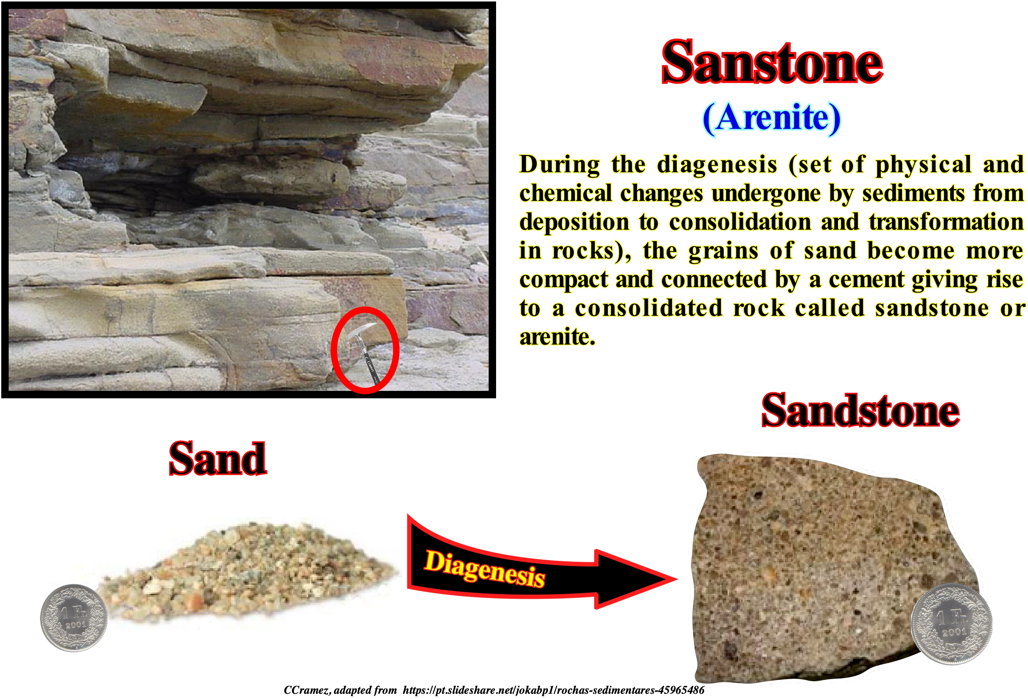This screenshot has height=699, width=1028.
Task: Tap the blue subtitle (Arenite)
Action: [x=771, y=118]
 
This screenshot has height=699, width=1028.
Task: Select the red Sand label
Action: [x=218, y=458]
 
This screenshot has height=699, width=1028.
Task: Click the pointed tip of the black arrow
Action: [x=677, y=578]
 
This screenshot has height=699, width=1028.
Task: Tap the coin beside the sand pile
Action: [x=74, y=618]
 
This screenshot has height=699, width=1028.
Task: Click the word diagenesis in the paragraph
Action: [x=716, y=165]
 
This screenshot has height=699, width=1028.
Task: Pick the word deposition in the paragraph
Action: [x=574, y=222]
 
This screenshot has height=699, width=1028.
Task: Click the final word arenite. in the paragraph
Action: [x=557, y=337]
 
